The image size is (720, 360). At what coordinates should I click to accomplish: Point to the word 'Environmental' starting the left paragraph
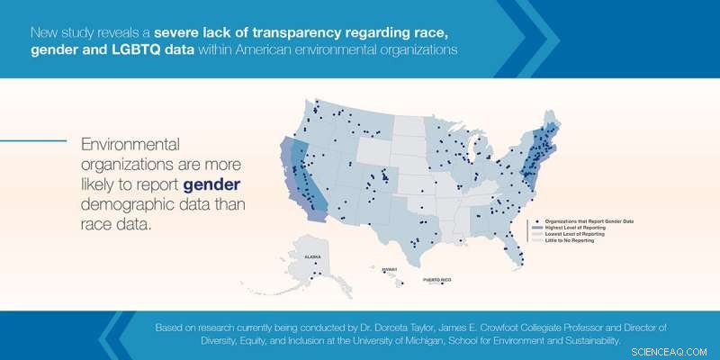click(x=130, y=145)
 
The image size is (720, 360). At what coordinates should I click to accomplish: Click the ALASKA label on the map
click(x=312, y=256)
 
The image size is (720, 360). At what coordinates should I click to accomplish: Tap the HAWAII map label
click(x=388, y=268)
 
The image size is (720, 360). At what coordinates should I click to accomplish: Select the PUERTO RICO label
click(x=440, y=281)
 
